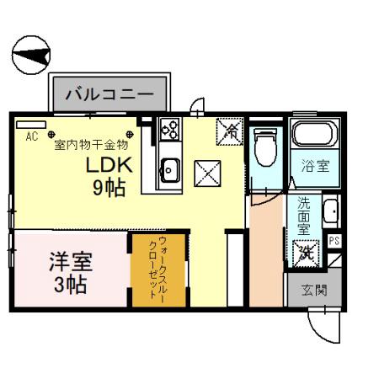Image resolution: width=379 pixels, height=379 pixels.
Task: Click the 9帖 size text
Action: [x=109, y=188]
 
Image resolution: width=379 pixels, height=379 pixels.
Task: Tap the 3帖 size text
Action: [x=70, y=284]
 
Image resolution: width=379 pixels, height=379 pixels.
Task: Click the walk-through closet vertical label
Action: [x=152, y=270]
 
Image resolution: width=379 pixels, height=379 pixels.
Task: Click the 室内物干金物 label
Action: [x=92, y=144]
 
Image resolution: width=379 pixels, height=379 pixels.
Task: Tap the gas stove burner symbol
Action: [x=169, y=130]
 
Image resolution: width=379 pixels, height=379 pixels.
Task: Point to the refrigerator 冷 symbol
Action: [x=228, y=131]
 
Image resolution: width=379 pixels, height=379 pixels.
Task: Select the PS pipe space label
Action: [x=334, y=242]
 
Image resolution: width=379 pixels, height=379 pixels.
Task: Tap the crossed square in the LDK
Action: [x=207, y=174]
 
